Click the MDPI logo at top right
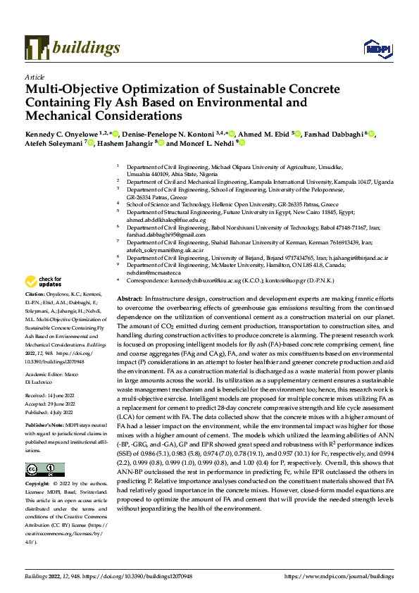click(375, 48)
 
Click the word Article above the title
click(34, 77)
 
